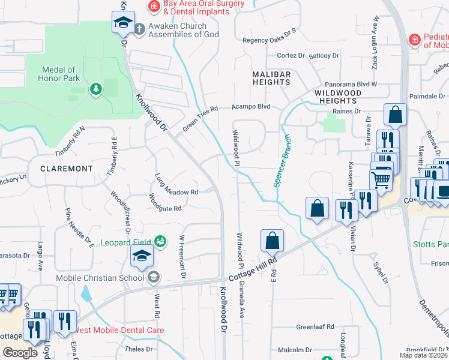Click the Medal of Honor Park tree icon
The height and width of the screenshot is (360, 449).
pyautogui.click(x=95, y=89)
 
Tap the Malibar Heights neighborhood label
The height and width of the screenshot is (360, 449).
pyautogui.click(x=271, y=78)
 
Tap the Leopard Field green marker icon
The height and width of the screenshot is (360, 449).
pyautogui.click(x=160, y=241)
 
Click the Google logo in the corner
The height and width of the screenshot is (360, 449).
pyautogui.click(x=20, y=352)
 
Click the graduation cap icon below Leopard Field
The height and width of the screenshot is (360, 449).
pyautogui.click(x=142, y=256)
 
